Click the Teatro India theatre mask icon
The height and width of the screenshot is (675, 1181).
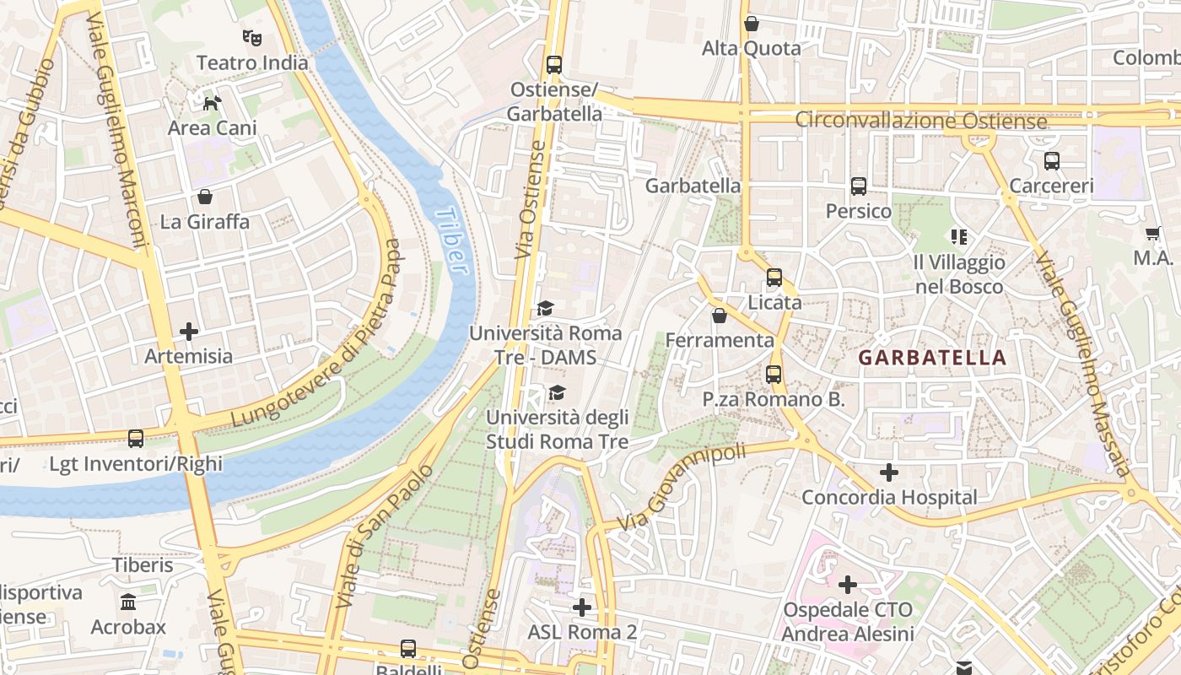point(251,37)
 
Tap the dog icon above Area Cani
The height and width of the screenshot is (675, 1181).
point(212,103)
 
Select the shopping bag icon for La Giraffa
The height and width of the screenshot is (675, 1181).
point(204,197)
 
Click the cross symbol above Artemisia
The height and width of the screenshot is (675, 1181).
point(189,332)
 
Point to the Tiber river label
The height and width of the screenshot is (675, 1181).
point(451,240)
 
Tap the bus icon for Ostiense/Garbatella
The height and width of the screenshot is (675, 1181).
point(554,64)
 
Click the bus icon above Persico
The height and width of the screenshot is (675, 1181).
point(859,186)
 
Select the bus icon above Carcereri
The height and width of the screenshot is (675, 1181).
point(1052,161)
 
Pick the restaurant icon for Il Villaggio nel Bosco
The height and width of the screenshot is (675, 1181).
point(959,237)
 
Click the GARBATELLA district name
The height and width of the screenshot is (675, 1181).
point(933,357)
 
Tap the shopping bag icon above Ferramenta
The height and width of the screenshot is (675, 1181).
point(720,316)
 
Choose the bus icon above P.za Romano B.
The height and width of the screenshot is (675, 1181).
point(774,375)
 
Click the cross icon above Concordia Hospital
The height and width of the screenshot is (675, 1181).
point(889,472)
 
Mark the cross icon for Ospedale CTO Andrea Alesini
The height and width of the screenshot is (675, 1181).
point(848,584)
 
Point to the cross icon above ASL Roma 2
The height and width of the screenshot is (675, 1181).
point(581,607)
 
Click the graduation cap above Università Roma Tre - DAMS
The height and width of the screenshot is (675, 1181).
point(545,309)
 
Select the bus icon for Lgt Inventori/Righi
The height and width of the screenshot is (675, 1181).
point(136,439)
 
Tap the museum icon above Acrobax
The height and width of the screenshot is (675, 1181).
point(128,602)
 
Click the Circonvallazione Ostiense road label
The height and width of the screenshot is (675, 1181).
point(921,121)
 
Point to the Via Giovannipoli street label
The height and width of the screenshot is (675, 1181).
point(682,489)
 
